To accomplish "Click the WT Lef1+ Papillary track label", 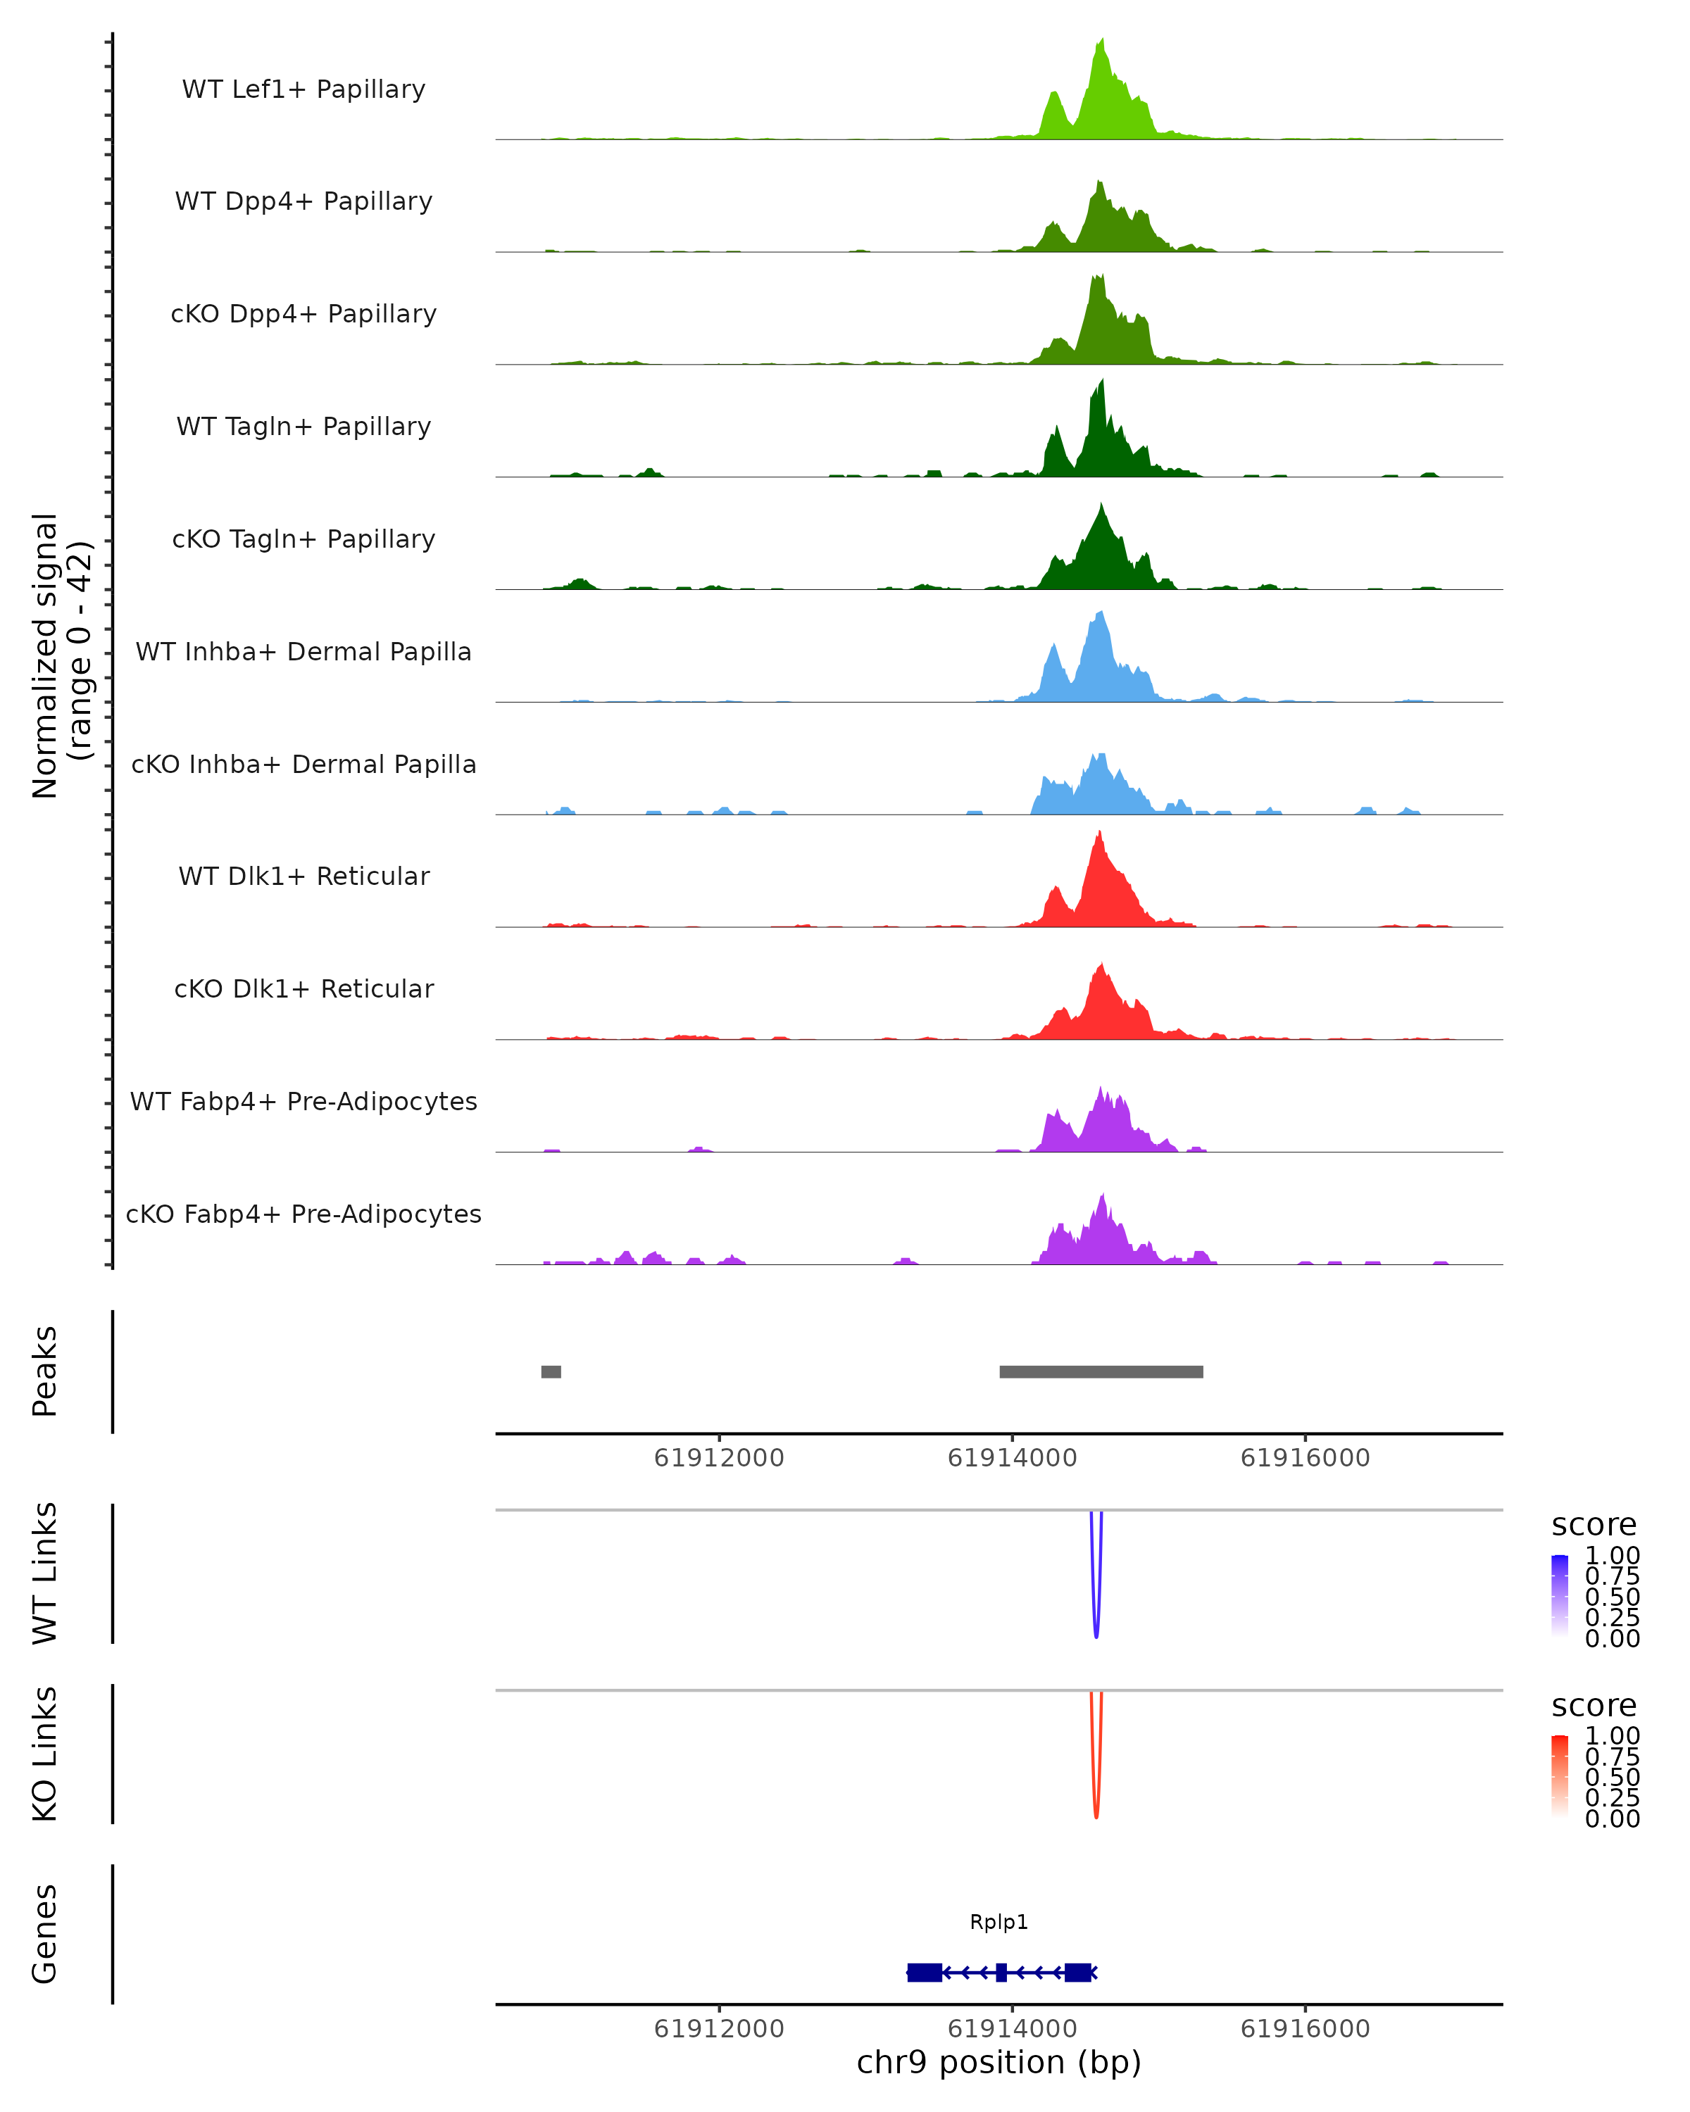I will tap(303, 89).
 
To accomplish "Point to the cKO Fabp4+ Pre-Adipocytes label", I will tap(303, 1214).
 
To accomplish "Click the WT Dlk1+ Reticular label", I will tap(303, 876).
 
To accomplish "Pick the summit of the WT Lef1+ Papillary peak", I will tap(1102, 41).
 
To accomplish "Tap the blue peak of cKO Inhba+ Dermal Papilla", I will tap(1101, 756).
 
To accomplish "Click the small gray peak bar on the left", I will tap(551, 1371).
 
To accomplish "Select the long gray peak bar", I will tap(1101, 1371).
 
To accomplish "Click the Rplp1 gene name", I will tap(999, 1922).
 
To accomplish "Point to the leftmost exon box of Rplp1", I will tap(924, 1972).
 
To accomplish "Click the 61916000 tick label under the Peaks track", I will tap(1305, 1458).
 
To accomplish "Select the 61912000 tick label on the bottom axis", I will tap(719, 2029).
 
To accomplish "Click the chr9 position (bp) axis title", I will tap(999, 2062).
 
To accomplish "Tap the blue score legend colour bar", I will tap(1560, 1596).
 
